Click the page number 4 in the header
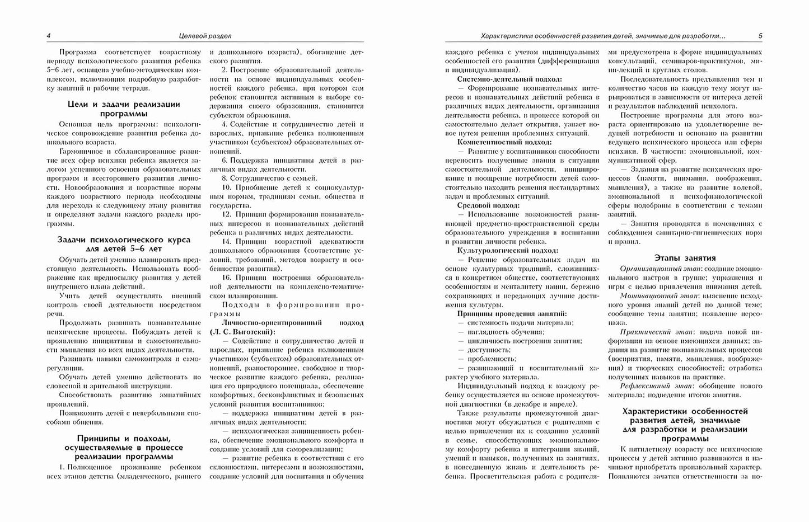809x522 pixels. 49,36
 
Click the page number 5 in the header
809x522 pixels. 760,36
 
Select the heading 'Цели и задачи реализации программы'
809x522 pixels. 123,109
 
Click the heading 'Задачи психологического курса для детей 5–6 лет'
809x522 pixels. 123,244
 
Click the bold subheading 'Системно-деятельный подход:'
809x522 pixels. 510,79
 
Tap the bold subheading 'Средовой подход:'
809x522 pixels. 489,205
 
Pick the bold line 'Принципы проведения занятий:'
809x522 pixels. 512,314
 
